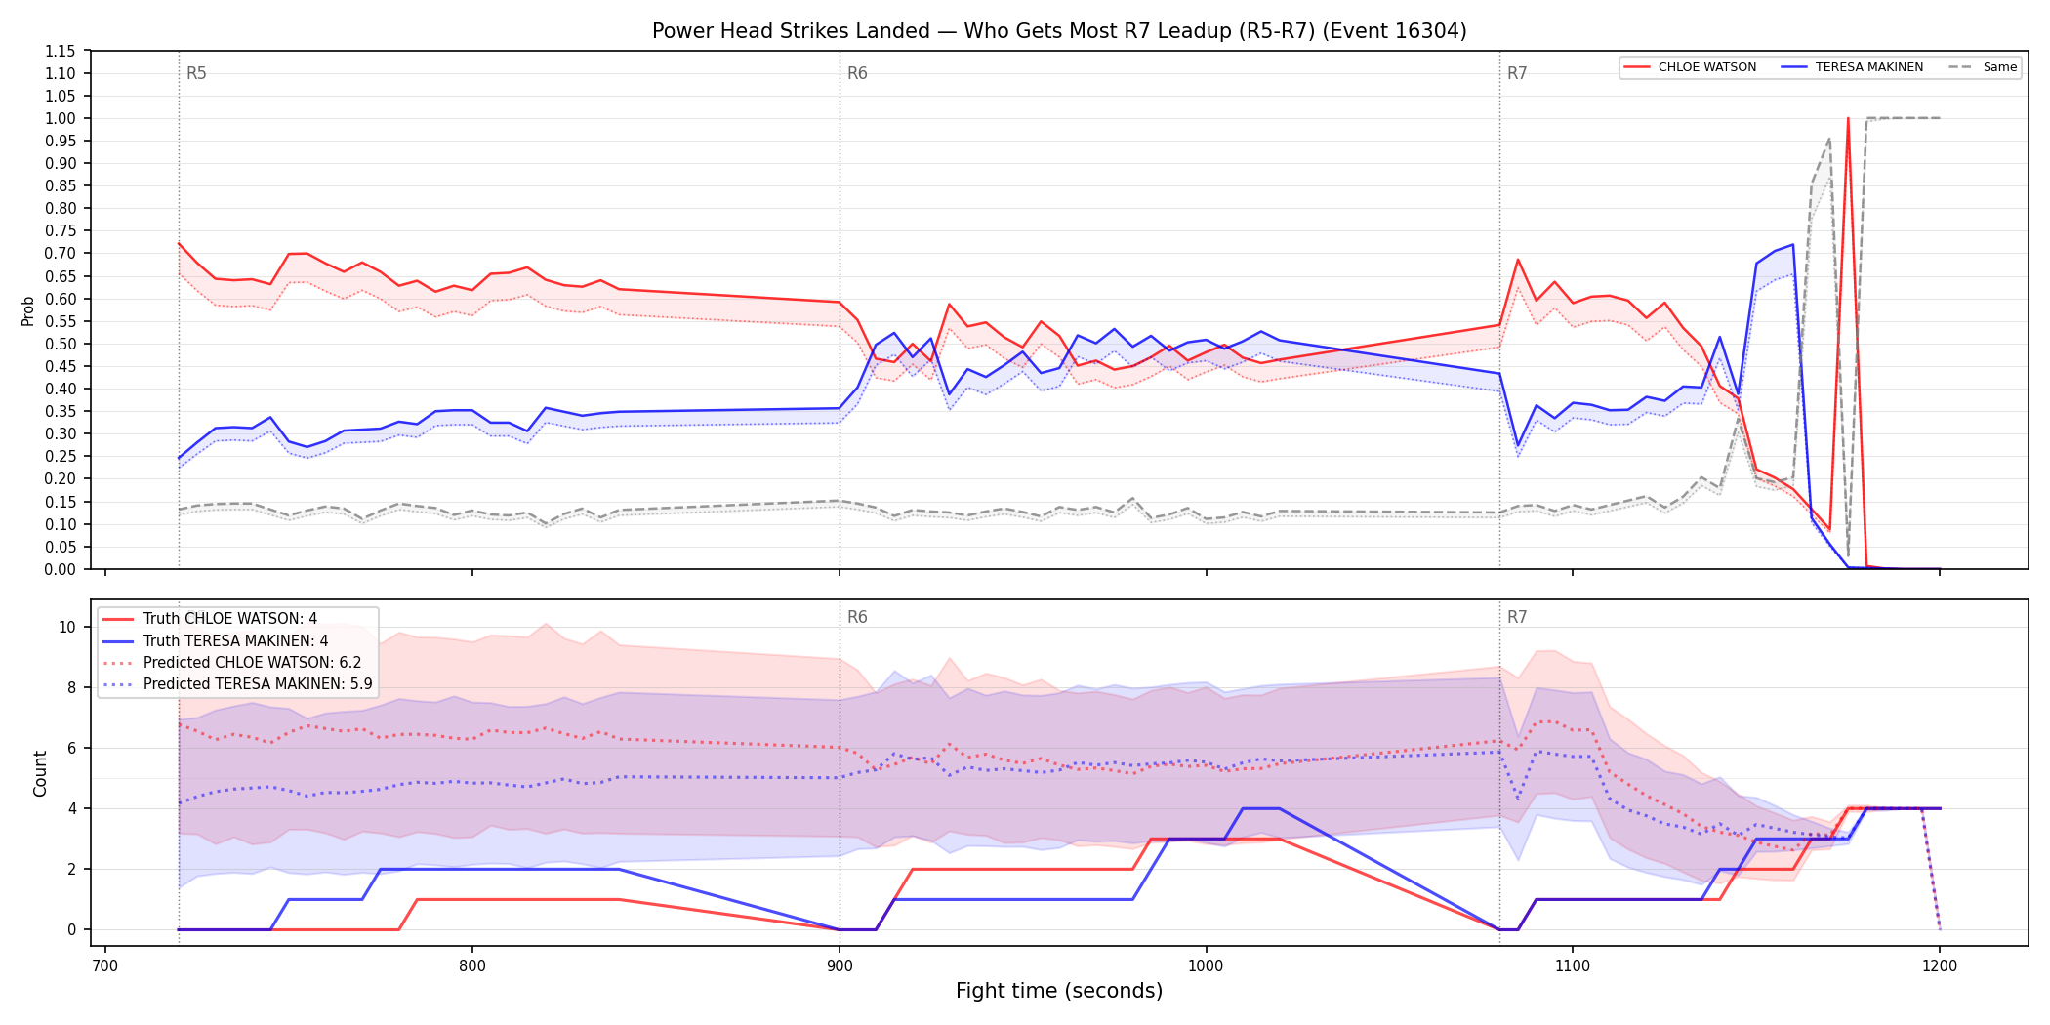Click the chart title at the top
[1059, 31]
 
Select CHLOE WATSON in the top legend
[1707, 67]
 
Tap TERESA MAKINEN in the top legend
[1869, 67]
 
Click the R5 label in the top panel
[196, 73]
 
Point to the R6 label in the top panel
[857, 73]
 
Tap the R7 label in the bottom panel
[1517, 617]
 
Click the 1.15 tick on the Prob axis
[61, 51]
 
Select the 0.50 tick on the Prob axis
[61, 344]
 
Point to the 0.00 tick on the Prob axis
[61, 569]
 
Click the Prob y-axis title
[28, 310]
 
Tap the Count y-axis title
[40, 773]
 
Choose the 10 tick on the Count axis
[67, 627]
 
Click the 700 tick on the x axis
[105, 965]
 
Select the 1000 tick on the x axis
[1206, 965]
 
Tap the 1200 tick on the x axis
[1940, 965]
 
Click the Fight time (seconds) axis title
[1059, 991]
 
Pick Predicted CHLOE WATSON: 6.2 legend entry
[253, 662]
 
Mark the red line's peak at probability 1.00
[1848, 118]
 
